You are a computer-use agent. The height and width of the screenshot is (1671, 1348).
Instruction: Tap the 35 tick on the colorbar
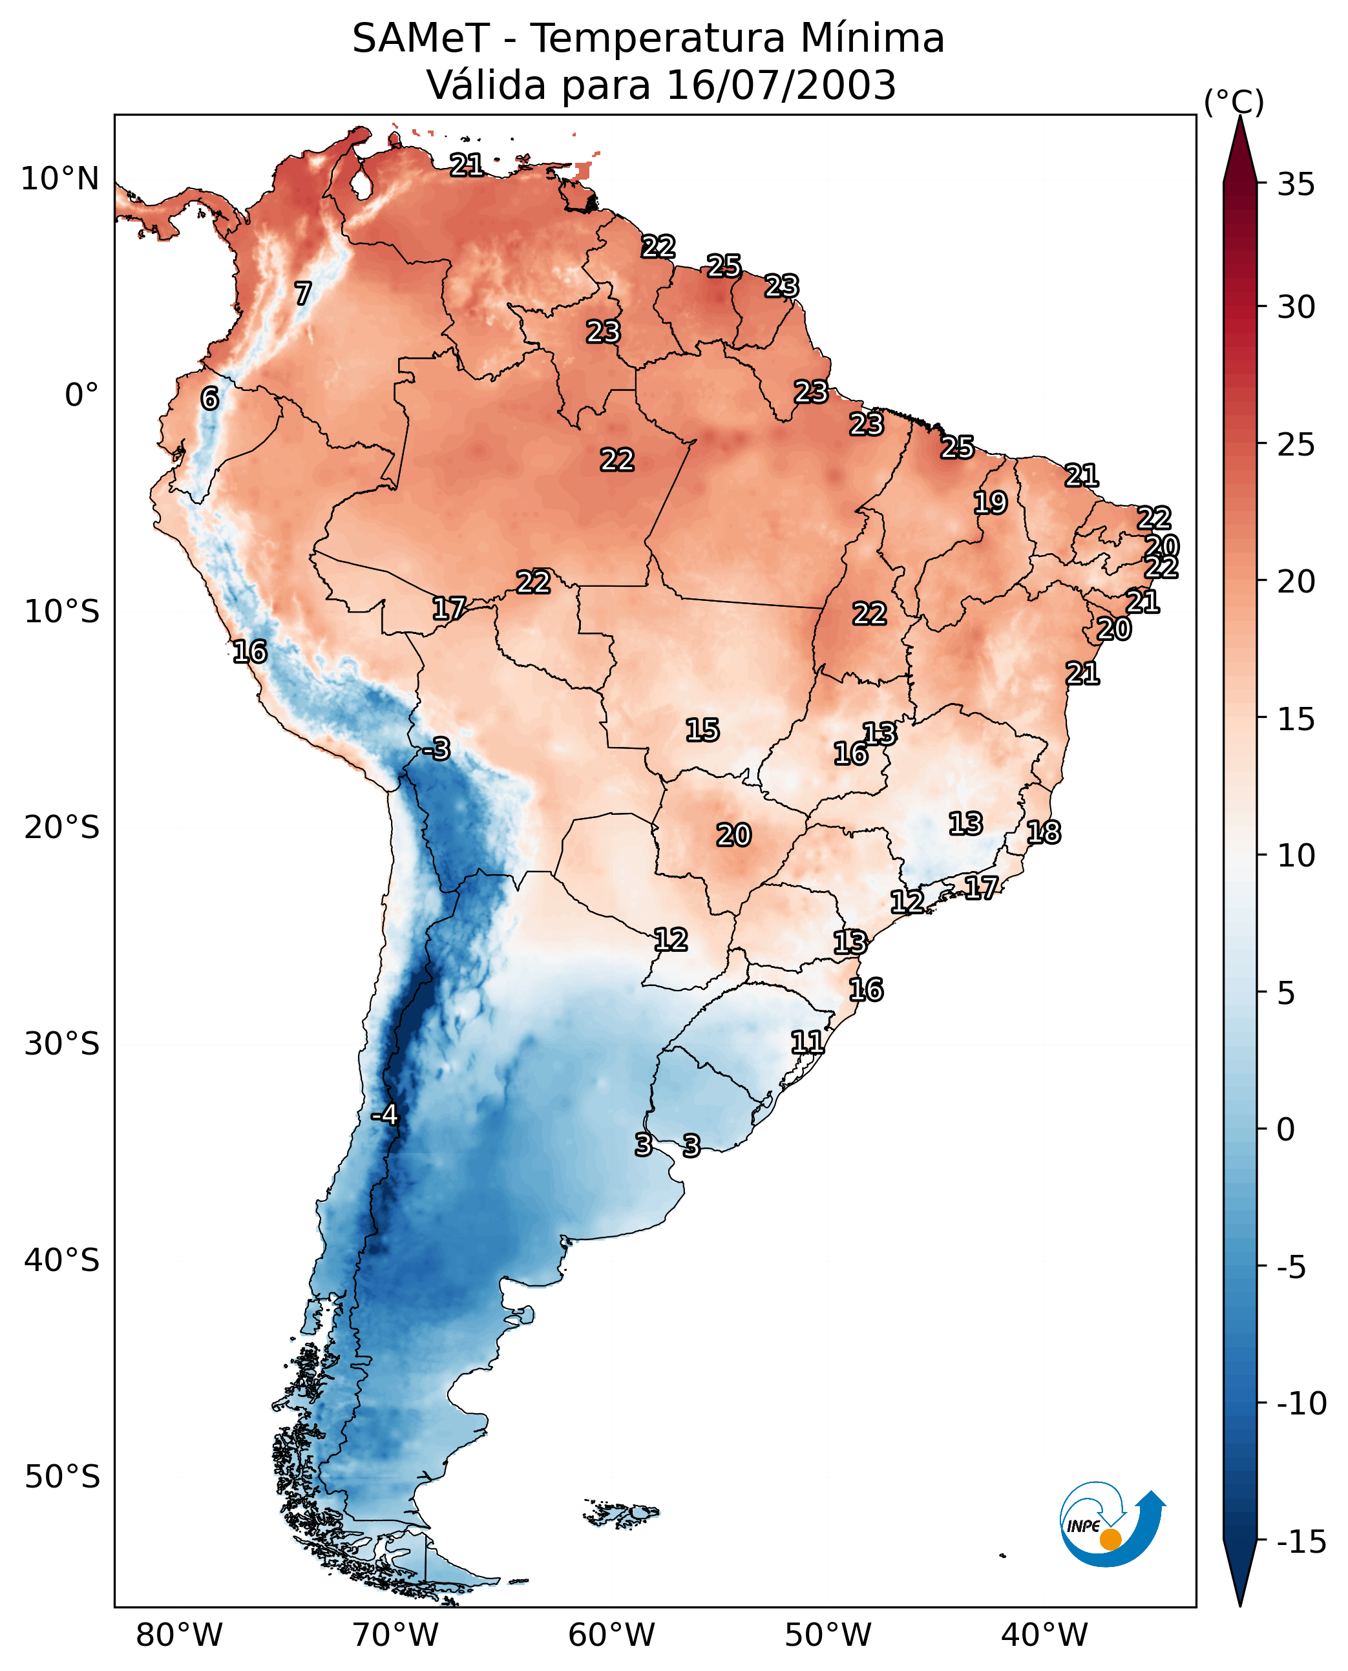1296,184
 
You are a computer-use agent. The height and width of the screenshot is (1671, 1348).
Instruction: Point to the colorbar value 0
1286,1129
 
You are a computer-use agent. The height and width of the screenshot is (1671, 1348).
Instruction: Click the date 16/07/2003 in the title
781,85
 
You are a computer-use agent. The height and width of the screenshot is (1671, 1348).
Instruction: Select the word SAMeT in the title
421,38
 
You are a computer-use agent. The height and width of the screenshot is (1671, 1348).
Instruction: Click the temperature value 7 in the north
303,293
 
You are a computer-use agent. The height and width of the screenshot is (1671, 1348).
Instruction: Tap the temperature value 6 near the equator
209,398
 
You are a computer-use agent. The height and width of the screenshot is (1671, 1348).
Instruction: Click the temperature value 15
702,730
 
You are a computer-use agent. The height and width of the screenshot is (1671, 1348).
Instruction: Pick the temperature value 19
990,503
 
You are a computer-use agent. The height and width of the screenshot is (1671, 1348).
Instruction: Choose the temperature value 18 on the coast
1043,832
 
